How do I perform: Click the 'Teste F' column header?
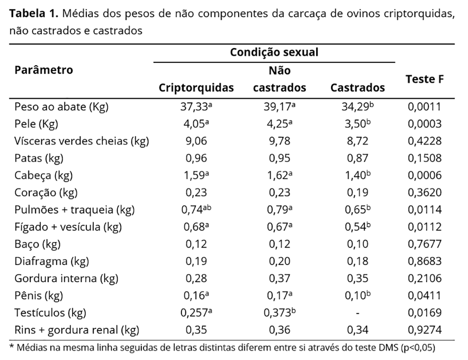[x=425, y=79]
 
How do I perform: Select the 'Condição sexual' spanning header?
[x=274, y=52]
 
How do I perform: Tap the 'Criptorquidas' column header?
[x=196, y=88]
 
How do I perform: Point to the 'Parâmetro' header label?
[x=44, y=70]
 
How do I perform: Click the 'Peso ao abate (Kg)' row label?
[x=61, y=107]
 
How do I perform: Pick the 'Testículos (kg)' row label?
[x=51, y=312]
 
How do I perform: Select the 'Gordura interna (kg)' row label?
[x=66, y=278]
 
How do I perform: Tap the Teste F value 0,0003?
[x=424, y=124]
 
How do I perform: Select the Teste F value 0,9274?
[x=424, y=330]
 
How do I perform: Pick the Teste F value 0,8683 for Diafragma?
[x=424, y=261]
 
